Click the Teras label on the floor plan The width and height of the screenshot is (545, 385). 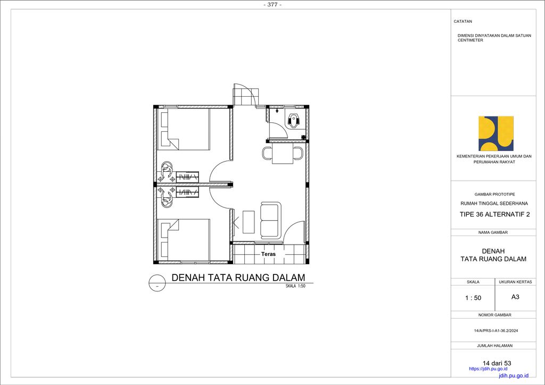268,254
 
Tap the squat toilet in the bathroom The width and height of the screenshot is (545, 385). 293,121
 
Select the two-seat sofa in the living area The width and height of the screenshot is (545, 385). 270,221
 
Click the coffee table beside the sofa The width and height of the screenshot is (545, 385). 249,222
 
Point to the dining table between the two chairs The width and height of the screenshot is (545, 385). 283,154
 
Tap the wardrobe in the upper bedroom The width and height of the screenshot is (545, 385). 187,177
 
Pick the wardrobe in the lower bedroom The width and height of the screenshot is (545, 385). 187,192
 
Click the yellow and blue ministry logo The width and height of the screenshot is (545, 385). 496,133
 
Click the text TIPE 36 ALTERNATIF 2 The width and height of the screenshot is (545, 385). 494,214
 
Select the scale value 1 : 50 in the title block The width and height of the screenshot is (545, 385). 473,298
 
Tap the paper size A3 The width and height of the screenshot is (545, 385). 515,297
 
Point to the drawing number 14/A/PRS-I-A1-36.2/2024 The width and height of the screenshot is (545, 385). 496,331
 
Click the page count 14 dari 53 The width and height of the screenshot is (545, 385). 497,363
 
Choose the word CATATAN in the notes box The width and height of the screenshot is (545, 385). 463,21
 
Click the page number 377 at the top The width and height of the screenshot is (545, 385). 272,5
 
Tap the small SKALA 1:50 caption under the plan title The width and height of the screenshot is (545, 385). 295,286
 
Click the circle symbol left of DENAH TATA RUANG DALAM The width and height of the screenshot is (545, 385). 157,282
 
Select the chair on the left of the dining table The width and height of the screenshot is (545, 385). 267,153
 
